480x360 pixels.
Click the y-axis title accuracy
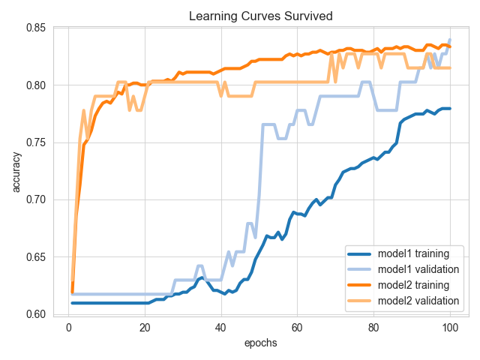tap(16, 172)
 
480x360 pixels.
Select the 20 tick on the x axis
tap(145, 327)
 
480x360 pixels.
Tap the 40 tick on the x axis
tap(220, 327)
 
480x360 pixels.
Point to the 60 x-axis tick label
tap(297, 327)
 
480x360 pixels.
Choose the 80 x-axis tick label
tap(373, 327)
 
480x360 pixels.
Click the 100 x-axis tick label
tap(450, 327)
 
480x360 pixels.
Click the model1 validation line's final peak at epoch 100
tap(450, 40)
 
